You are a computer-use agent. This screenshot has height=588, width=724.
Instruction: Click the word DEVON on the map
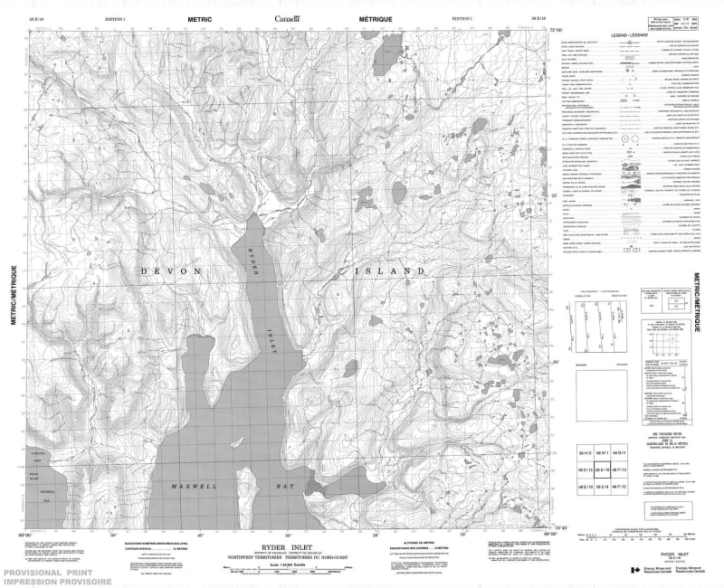[167, 270]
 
